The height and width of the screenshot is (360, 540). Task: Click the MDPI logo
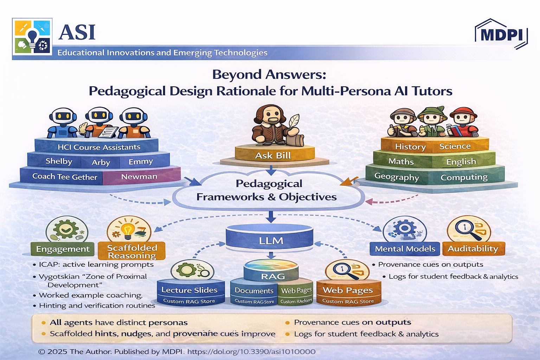pyautogui.click(x=501, y=34)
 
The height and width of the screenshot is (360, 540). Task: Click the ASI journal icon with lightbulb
pyautogui.click(x=32, y=36)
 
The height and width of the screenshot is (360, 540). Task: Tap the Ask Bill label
pyautogui.click(x=273, y=155)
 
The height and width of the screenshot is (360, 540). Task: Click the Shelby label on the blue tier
pyautogui.click(x=59, y=161)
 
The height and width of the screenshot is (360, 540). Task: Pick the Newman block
pyautogui.click(x=139, y=176)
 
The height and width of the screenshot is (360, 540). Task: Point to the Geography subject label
pyautogui.click(x=397, y=176)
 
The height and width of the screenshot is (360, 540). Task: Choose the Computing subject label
pyautogui.click(x=464, y=177)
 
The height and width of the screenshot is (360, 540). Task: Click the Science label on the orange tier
pyautogui.click(x=455, y=146)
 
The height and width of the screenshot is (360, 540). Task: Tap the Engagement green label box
pyautogui.click(x=63, y=249)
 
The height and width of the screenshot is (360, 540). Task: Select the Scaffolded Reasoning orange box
pyautogui.click(x=132, y=251)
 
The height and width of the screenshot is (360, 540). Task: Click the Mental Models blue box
pyautogui.click(x=405, y=249)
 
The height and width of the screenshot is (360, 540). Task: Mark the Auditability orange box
pyautogui.click(x=473, y=249)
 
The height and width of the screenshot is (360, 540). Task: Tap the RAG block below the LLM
pyautogui.click(x=273, y=276)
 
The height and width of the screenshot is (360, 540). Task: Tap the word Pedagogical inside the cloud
pyautogui.click(x=269, y=184)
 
